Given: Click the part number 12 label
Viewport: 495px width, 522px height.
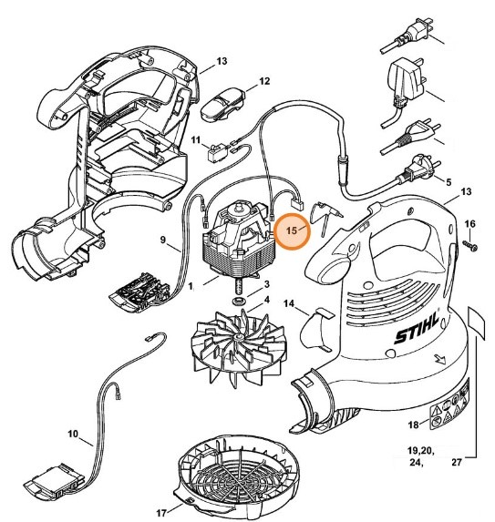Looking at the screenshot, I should pyautogui.click(x=264, y=82).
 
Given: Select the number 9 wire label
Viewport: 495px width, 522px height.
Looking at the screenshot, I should pyautogui.click(x=165, y=241).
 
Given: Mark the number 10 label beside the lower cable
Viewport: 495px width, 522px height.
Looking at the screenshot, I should pyautogui.click(x=73, y=435).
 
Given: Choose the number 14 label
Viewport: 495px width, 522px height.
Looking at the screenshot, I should pyautogui.click(x=289, y=302).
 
